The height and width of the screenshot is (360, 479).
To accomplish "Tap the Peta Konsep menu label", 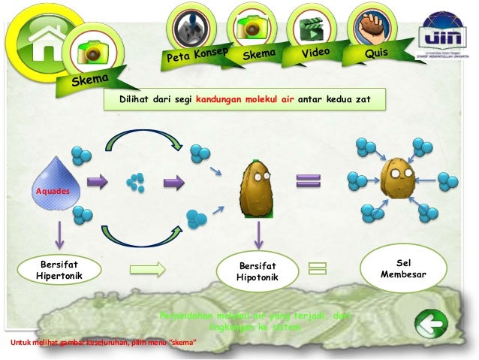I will coord(197,55).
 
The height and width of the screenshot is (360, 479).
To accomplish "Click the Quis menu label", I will coord(375,53).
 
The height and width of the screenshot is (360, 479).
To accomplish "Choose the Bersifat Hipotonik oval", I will coord(258,272).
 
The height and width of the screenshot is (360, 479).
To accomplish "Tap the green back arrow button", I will coord(431,325).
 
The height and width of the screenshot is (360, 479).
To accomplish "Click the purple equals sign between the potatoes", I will coord(308,180).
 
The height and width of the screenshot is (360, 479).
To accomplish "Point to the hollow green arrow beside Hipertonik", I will coord(147,268).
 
